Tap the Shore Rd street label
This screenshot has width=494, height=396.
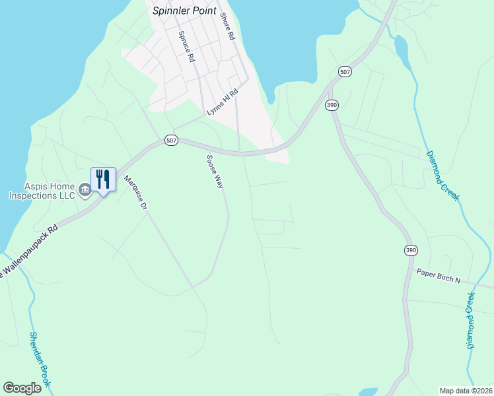coord(228,27)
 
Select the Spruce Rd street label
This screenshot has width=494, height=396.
coord(186,46)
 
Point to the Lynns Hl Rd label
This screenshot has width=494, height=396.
coord(222,104)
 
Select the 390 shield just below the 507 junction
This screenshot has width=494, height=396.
coord(332,105)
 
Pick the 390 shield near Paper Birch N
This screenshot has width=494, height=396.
coord(411,250)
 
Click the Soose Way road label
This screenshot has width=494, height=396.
coord(215,172)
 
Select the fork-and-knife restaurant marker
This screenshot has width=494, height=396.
coord(103,180)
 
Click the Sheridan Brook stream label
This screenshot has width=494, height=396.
coord(40,359)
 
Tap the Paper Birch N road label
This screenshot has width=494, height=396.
coord(438,276)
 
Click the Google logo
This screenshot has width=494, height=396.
coord(22,388)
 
